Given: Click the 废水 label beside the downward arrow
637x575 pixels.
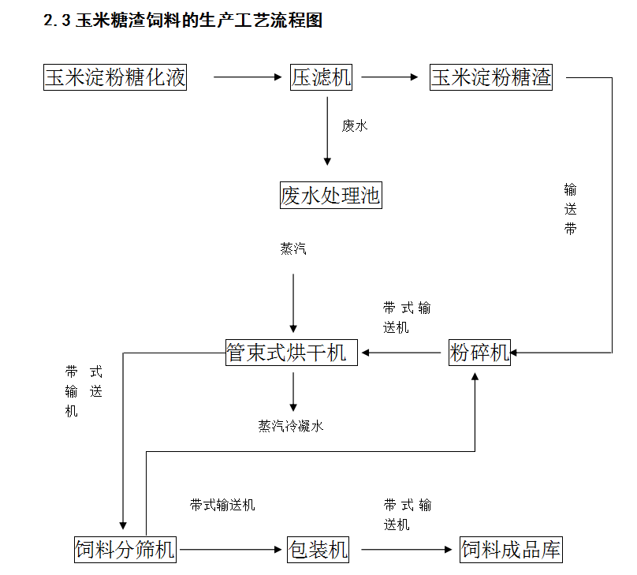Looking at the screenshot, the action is click(x=355, y=126).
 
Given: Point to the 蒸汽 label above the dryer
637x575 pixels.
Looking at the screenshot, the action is click(x=293, y=248).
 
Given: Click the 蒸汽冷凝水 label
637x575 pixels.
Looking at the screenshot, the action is click(x=291, y=426).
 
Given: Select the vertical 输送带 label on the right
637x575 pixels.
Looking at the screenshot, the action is click(x=570, y=209).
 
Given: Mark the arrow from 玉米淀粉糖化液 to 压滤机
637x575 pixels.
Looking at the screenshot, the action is click(x=248, y=77).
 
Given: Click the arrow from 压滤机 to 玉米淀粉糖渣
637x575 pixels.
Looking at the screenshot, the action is click(x=389, y=77).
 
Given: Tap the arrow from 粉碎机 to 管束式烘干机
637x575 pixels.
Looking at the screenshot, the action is click(x=401, y=353).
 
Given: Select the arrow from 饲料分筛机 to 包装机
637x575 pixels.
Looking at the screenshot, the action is click(x=231, y=550).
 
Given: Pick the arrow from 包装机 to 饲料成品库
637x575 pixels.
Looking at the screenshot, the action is click(x=407, y=550).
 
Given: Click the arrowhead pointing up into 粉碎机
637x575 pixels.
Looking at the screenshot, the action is click(x=475, y=377).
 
